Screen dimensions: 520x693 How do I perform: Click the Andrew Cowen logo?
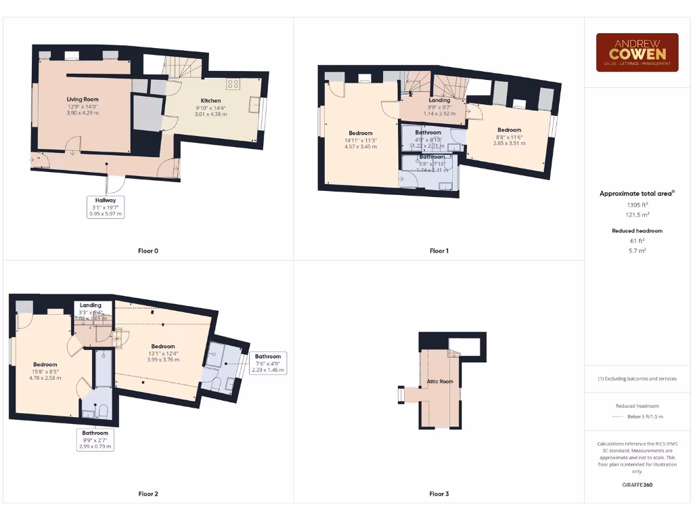coord(637,53)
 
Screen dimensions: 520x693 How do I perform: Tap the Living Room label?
coord(82,100)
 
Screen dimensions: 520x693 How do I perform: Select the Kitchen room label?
coord(210,100)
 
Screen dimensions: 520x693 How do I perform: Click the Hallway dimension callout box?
coord(106,207)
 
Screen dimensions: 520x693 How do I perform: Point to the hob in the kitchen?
coord(234,84)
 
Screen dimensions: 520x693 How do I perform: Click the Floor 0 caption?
coord(148,251)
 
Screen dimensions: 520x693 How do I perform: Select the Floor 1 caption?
coord(439,251)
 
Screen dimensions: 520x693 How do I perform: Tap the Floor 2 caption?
coord(148,494)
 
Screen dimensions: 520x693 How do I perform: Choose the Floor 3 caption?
coord(439,494)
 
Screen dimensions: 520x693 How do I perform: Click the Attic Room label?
coord(439,382)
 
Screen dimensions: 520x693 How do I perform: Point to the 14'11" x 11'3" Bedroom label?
coord(361,133)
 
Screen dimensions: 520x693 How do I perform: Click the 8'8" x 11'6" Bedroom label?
coord(509,130)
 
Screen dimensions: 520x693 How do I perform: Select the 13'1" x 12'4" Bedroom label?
coord(163,347)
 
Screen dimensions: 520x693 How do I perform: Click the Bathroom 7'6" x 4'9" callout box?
coord(268,362)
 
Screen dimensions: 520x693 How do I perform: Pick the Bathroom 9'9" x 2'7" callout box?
coord(95,439)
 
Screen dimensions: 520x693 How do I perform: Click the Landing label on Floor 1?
coord(440,100)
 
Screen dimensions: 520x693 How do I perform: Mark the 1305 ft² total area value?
coord(636,204)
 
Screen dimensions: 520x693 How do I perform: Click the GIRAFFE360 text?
coord(636,485)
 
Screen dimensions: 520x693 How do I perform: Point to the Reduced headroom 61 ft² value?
coord(636,241)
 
